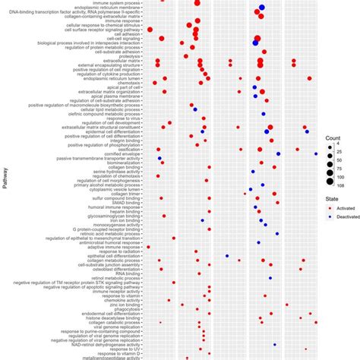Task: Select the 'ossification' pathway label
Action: [x=128, y=149]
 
